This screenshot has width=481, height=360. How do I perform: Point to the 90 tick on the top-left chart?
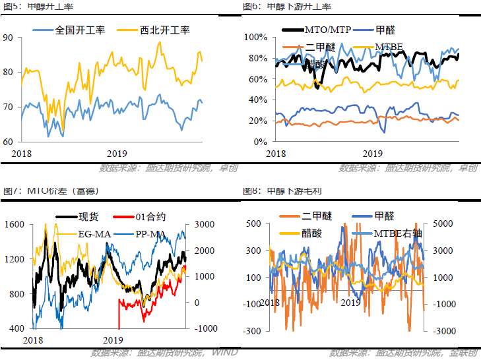[x=8, y=38]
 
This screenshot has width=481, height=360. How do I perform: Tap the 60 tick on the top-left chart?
[x=8, y=142]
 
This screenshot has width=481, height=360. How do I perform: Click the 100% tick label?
[x=255, y=37]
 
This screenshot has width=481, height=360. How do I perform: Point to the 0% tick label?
[x=259, y=142]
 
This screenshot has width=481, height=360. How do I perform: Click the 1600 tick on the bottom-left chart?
[x=15, y=224]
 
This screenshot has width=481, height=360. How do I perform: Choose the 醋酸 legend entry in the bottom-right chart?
[x=316, y=233]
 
